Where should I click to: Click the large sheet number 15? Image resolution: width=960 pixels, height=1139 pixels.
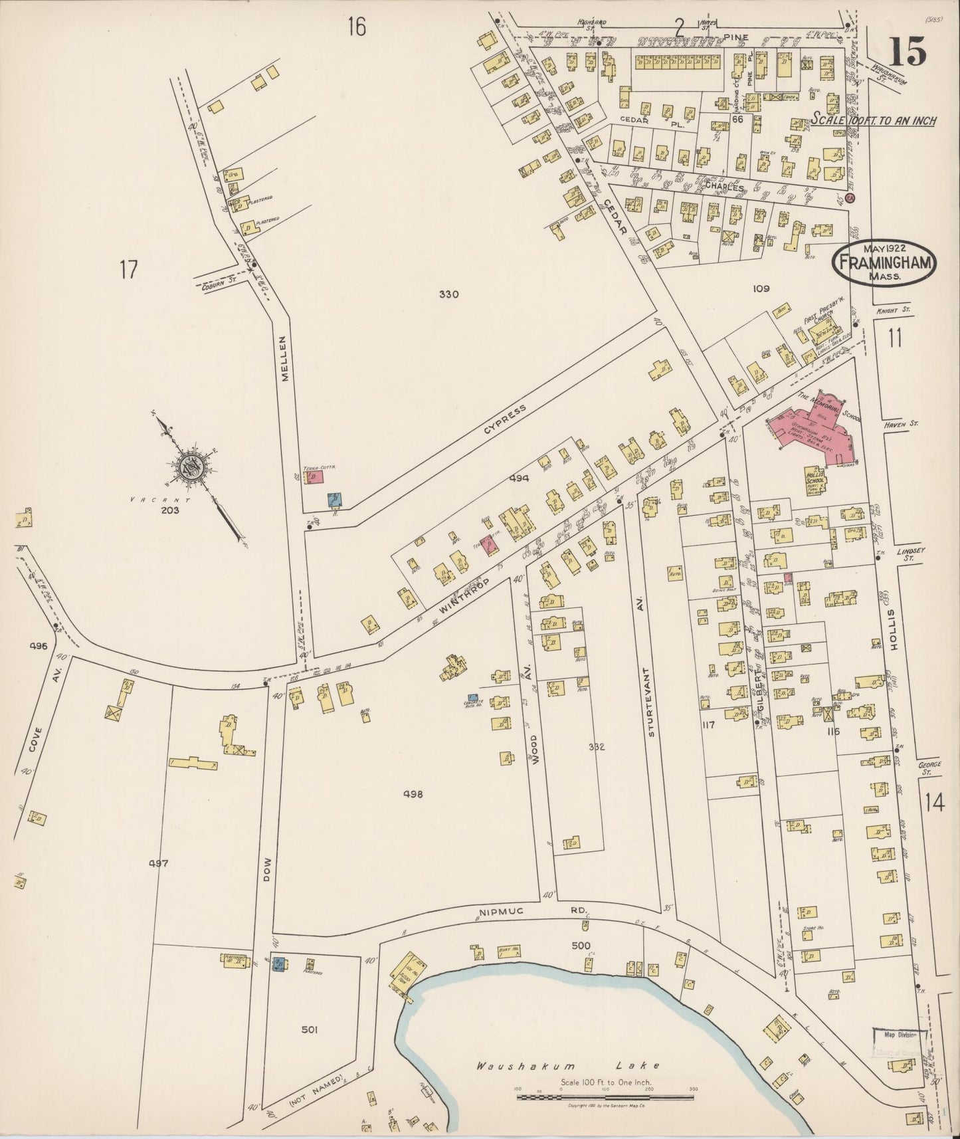908,51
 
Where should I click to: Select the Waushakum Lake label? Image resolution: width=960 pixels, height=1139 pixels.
568,1065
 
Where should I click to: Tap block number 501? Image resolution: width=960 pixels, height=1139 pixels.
309,1030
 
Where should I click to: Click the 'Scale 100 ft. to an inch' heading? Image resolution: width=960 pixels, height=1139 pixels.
873,120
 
